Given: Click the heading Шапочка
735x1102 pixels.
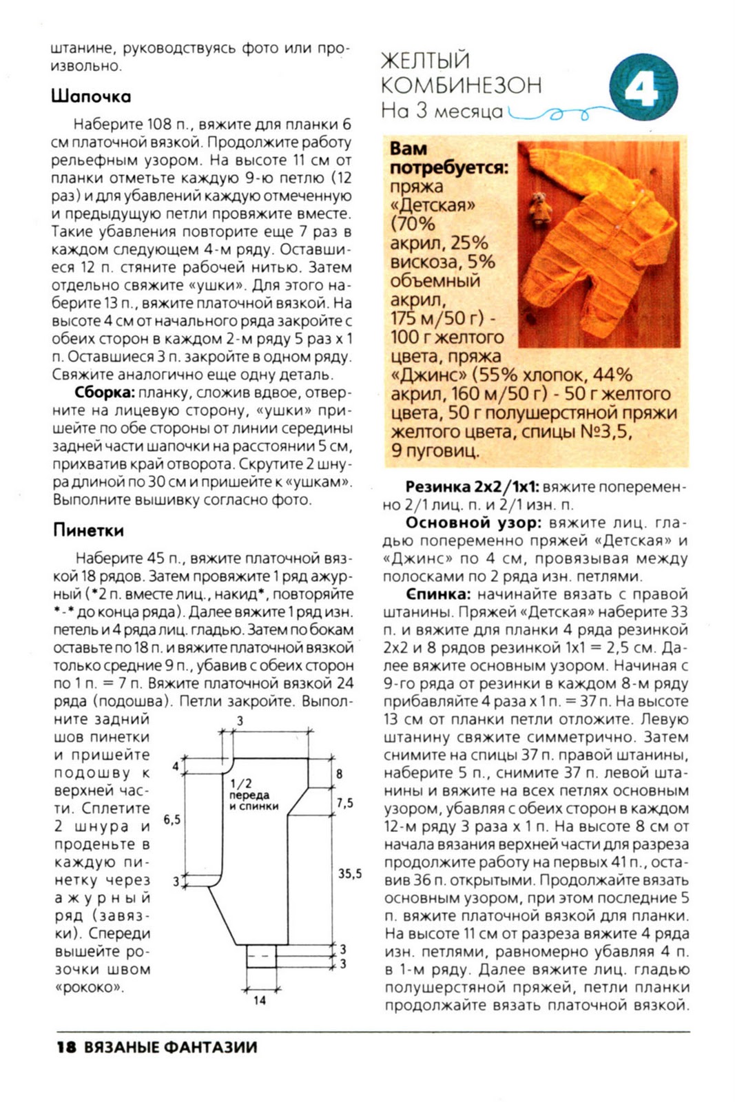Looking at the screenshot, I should click(x=91, y=96).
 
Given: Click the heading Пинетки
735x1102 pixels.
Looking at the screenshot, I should click(x=89, y=530).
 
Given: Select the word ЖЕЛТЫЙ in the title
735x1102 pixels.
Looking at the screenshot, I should click(x=425, y=61).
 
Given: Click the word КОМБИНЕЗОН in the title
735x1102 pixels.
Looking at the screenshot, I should click(x=461, y=85).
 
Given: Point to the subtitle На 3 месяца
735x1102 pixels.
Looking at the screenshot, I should click(x=442, y=111).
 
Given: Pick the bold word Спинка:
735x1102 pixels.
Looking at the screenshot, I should click(x=438, y=594).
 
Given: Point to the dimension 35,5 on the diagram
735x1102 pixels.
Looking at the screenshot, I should click(x=350, y=873).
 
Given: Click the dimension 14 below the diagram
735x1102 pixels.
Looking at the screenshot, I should click(x=259, y=1000).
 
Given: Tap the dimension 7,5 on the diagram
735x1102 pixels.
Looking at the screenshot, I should click(x=344, y=803).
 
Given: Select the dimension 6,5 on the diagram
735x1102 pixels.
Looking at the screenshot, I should click(x=172, y=820).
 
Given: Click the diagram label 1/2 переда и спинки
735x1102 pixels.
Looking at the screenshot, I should click(x=253, y=794).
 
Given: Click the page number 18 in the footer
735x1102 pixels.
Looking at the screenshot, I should click(x=65, y=1048).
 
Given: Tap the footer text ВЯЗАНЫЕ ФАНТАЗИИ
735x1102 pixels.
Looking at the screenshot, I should click(x=170, y=1048).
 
